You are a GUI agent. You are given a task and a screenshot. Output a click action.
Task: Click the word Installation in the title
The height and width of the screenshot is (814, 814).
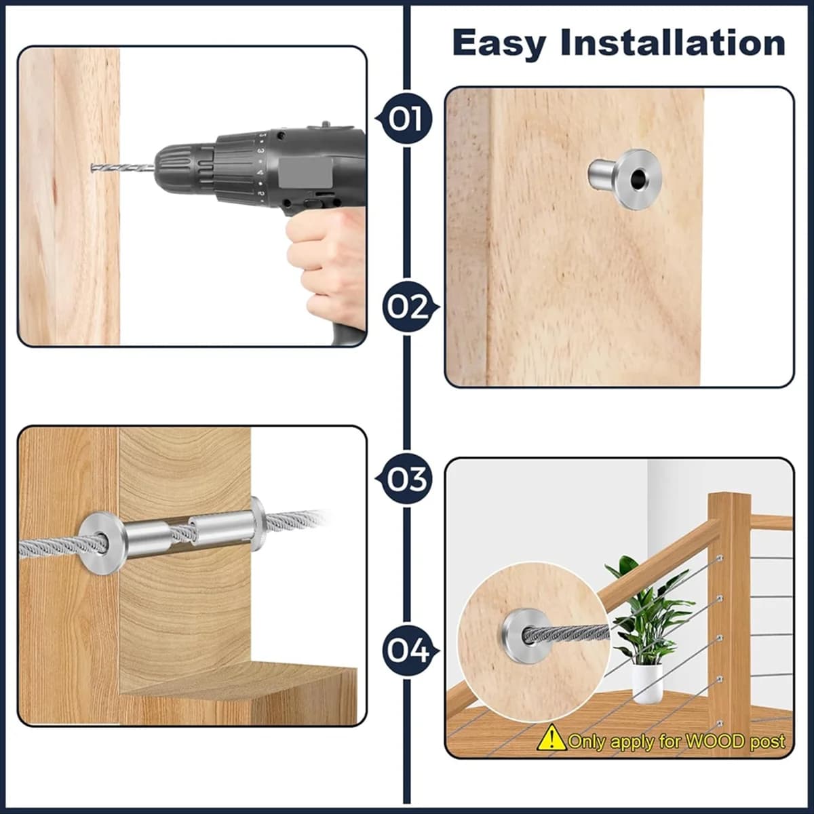(x=672, y=43)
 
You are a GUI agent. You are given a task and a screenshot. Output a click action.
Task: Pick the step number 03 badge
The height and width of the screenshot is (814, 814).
(x=404, y=479)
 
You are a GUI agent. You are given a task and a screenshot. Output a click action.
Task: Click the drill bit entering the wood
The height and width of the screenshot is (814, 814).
(x=123, y=168)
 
